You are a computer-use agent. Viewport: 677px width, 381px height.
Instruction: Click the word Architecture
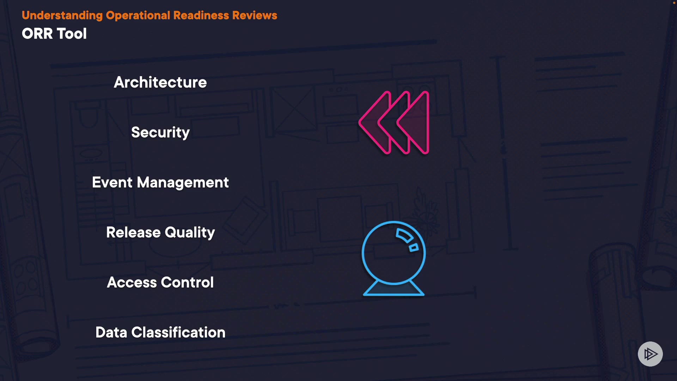coord(160,82)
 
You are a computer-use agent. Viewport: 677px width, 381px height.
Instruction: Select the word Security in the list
coord(160,133)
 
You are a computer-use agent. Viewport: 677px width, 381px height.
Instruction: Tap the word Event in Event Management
coord(112,182)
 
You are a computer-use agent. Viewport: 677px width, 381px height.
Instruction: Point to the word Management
coord(183,183)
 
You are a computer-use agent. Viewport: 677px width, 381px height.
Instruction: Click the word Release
coord(133,232)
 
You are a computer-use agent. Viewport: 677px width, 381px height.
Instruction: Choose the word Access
coord(132,282)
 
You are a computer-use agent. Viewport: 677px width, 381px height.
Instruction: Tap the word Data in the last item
coord(111,332)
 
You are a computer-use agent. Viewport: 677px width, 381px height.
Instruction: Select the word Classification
coord(178,332)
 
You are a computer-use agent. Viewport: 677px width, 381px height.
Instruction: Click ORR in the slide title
coord(37,34)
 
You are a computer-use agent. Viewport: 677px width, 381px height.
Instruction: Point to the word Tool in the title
coord(72,34)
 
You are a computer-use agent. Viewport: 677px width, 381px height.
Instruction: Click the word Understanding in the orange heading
coord(62,16)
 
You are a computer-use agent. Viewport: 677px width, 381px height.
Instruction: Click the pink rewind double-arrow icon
coord(394,123)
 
